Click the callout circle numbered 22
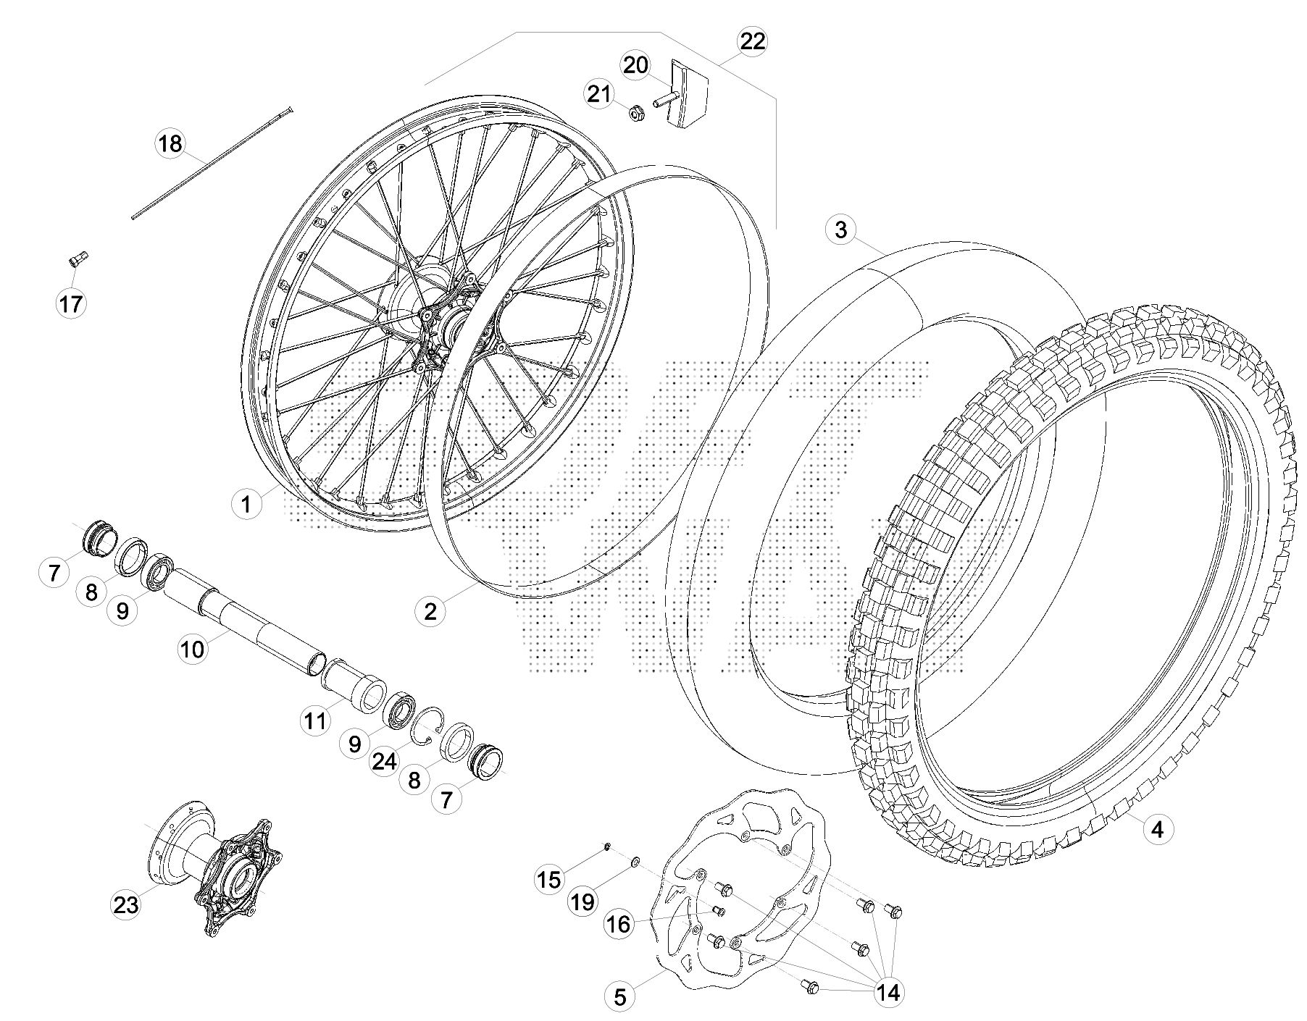[x=753, y=41]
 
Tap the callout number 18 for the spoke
[x=171, y=144]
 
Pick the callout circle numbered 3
[x=840, y=230]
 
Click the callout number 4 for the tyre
[x=1157, y=828]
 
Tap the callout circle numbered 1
[x=247, y=503]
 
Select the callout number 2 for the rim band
[x=430, y=611]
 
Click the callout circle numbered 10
[x=193, y=649]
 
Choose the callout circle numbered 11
[x=315, y=721]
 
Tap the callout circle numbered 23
[x=125, y=904]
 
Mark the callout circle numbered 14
[x=888, y=992]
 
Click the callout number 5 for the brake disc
[x=620, y=996]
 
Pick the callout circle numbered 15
[x=549, y=879]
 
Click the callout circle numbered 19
[x=582, y=902]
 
